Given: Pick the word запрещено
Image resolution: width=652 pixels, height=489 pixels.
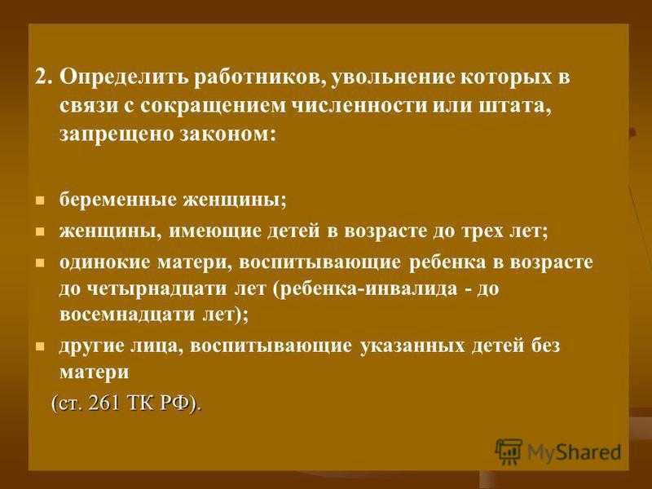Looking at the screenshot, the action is click(x=115, y=134).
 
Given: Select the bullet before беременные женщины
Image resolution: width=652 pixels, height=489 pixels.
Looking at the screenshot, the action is click(x=40, y=201).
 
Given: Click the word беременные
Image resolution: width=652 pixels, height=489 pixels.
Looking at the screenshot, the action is click(x=118, y=200).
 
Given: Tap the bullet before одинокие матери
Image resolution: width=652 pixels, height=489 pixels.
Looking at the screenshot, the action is click(x=40, y=263).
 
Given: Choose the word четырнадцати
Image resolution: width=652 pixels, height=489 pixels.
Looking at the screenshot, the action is click(x=158, y=289).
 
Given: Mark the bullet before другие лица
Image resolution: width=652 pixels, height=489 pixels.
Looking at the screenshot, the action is click(x=40, y=346).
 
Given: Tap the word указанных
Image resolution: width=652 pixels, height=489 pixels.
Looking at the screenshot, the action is click(x=412, y=346).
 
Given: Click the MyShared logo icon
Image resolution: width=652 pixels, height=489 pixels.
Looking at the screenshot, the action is click(x=508, y=452).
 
